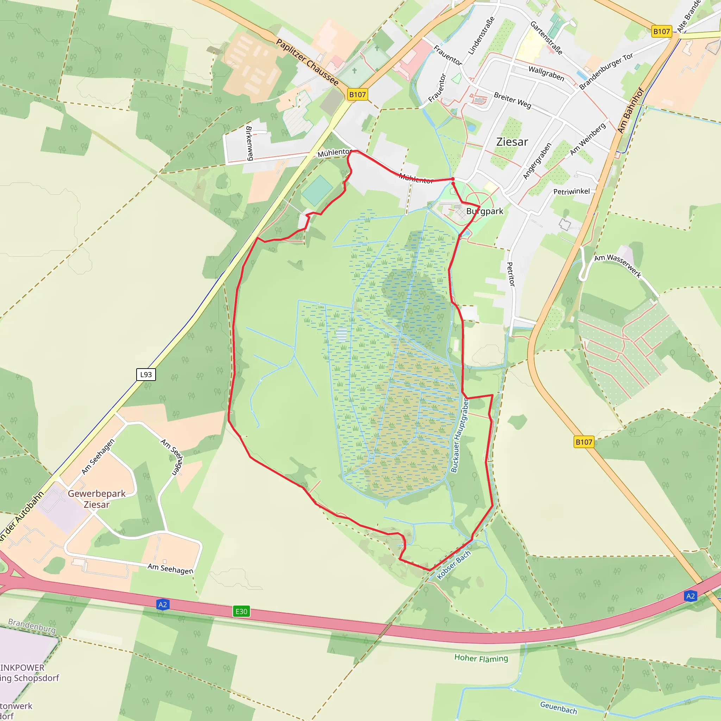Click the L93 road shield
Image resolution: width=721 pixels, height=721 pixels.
tap(146, 374)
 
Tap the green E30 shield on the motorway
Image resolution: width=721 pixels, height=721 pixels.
tap(241, 611)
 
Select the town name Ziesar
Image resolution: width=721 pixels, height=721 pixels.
tap(512, 142)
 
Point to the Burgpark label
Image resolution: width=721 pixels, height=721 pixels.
tap(484, 211)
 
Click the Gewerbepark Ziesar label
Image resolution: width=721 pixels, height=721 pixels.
tap(97, 499)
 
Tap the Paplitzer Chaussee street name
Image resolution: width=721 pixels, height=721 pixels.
tap(307, 62)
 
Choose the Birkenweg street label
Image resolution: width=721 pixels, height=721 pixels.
tap(249, 143)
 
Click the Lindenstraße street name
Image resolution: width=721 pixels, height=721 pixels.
tap(481, 36)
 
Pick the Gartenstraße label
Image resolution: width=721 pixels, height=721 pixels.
tap(546, 38)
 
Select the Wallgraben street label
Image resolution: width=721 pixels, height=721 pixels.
tap(546, 73)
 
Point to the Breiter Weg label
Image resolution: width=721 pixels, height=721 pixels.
tap(512, 100)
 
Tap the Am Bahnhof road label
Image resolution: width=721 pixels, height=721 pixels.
tap(630, 110)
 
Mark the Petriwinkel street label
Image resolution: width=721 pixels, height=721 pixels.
tap(571, 192)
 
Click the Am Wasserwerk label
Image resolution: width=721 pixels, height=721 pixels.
tap(617, 266)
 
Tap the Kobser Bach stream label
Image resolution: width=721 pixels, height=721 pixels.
tap(454, 565)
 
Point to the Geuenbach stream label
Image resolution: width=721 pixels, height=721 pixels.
tap(558, 707)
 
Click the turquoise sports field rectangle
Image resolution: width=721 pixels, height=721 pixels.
tap(317, 190)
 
